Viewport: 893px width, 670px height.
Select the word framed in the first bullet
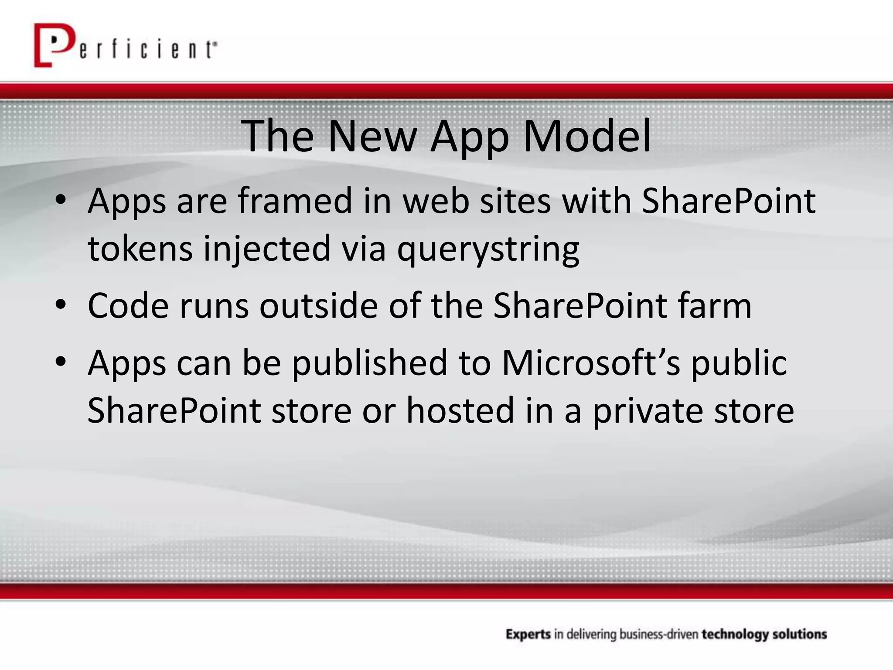tap(295, 201)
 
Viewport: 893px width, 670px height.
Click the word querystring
tap(488, 250)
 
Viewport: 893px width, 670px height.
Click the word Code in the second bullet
tap(128, 306)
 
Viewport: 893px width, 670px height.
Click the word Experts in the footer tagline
tap(528, 634)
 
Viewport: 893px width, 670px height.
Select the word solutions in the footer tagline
tap(800, 634)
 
